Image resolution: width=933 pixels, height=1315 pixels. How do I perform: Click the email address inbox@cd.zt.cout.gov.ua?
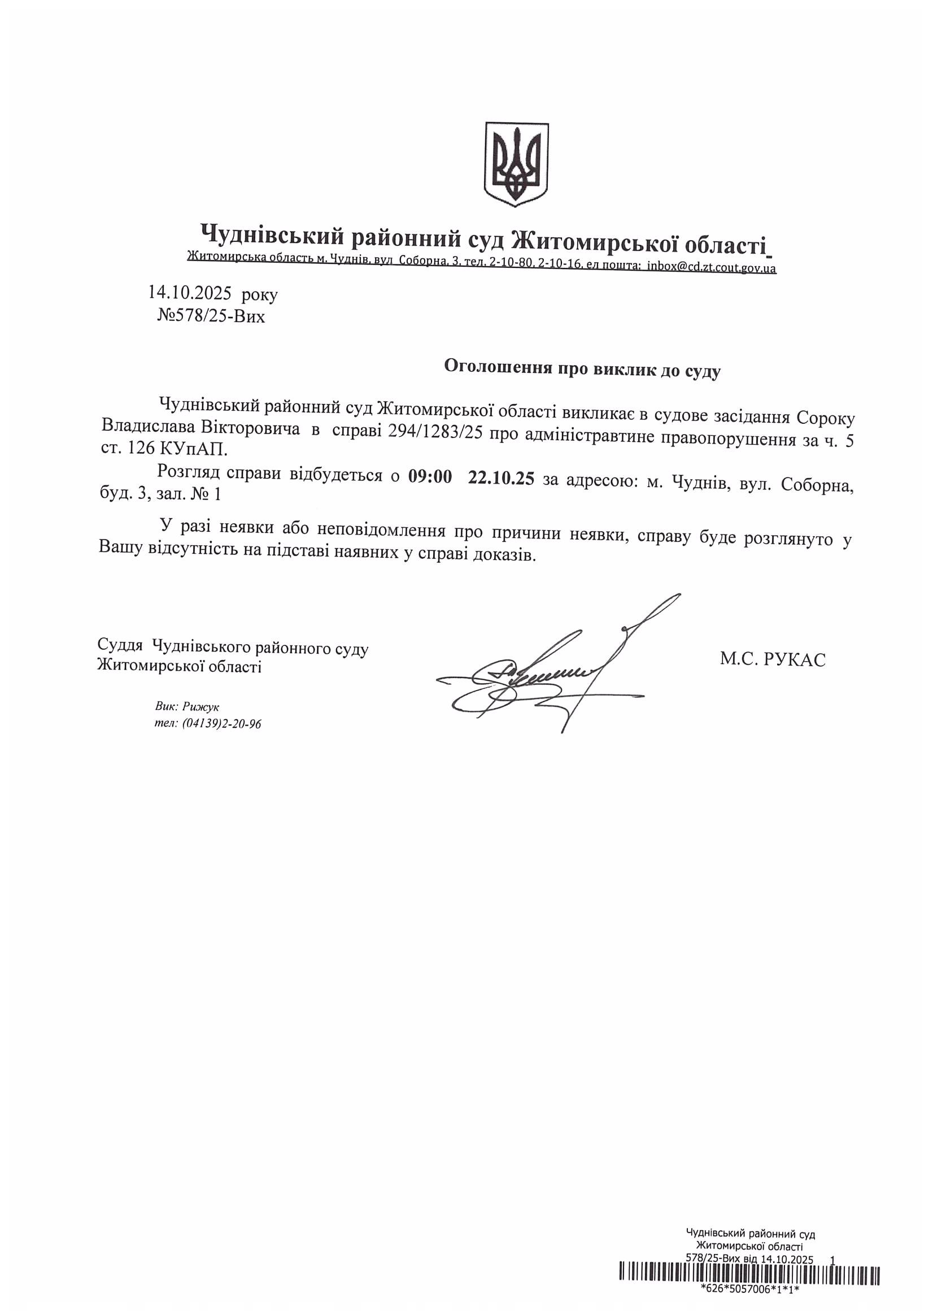pyautogui.click(x=711, y=267)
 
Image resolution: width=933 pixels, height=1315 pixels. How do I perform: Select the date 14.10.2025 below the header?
pyautogui.click(x=190, y=294)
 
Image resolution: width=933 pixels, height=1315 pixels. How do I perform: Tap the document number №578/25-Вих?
pyautogui.click(x=211, y=316)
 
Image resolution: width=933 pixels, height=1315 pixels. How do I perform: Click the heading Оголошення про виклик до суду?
pyautogui.click(x=582, y=368)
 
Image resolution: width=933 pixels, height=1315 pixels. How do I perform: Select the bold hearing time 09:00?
pyautogui.click(x=430, y=477)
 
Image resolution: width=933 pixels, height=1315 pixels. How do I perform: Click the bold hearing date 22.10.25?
pyautogui.click(x=501, y=477)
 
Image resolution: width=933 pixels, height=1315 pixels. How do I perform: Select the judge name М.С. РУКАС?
pyautogui.click(x=773, y=659)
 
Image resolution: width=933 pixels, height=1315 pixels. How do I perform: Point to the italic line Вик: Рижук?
pyautogui.click(x=187, y=707)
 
